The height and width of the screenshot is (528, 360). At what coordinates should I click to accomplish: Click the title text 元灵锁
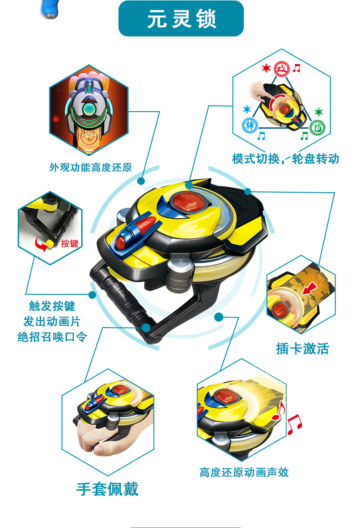click(181, 20)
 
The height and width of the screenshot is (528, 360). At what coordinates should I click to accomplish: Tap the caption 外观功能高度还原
click(91, 167)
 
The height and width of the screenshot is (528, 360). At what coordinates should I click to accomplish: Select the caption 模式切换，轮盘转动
click(285, 159)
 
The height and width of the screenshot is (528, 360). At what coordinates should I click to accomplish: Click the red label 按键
click(70, 243)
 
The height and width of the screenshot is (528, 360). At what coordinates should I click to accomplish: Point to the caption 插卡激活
click(302, 349)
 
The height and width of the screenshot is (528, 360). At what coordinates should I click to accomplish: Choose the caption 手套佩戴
click(107, 489)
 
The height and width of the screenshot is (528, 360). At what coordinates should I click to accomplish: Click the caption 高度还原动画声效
click(244, 472)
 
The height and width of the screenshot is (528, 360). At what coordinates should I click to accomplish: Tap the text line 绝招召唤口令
click(52, 337)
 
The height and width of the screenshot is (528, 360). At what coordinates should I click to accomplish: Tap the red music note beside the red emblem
click(297, 68)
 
